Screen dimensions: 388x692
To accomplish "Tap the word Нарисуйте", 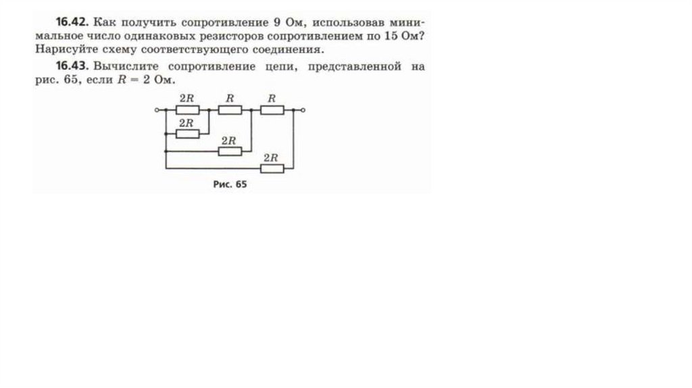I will pyautogui.click(x=59, y=50).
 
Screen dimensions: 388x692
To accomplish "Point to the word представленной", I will pyautogui.click(x=355, y=67).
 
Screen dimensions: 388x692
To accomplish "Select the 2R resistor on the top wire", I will pyautogui.click(x=187, y=110).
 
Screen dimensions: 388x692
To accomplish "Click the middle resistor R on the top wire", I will pyautogui.click(x=230, y=110).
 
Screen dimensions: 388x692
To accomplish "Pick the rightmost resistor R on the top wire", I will pyautogui.click(x=272, y=110).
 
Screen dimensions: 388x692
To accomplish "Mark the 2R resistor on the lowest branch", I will pyautogui.click(x=272, y=168).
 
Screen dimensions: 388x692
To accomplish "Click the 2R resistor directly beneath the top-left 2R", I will pyautogui.click(x=187, y=133).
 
